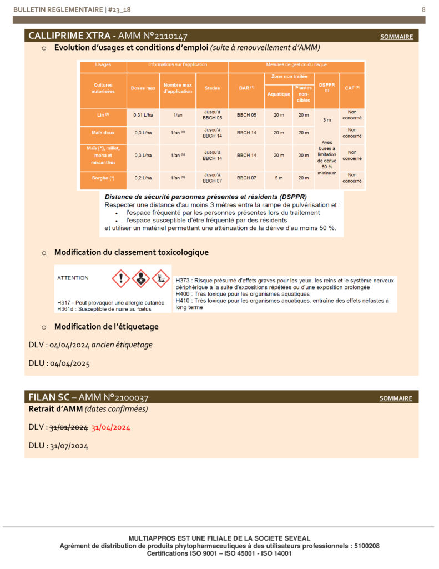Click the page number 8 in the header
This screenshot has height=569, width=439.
click(423, 9)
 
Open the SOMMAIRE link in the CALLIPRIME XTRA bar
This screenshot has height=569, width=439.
click(396, 37)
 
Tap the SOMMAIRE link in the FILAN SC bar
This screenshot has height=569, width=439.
click(396, 398)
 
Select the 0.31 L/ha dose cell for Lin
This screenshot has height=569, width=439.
click(143, 115)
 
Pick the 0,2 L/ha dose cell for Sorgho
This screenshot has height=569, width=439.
click(143, 178)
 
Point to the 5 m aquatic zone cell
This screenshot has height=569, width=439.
click(279, 178)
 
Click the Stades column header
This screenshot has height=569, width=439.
click(212, 88)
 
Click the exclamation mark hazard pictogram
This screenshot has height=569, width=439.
click(120, 278)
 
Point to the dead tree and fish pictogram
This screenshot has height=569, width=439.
click(161, 278)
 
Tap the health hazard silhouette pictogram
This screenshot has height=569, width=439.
click(141, 278)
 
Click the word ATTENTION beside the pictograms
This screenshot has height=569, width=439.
click(73, 277)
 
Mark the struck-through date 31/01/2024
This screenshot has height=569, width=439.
click(69, 428)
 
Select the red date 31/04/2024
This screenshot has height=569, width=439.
click(110, 428)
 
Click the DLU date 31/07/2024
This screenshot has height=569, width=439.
click(69, 446)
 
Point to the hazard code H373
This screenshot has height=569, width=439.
click(183, 281)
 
